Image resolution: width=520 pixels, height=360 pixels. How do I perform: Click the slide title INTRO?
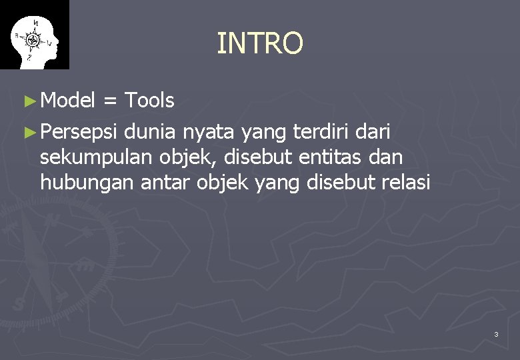[x=260, y=43]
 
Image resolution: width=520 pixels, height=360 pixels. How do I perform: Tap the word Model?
[x=68, y=101]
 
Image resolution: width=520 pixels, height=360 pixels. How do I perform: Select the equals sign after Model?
[x=111, y=101]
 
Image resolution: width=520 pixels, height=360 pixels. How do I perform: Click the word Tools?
[x=149, y=101]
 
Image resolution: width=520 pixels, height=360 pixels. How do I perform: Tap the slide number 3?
[x=496, y=334]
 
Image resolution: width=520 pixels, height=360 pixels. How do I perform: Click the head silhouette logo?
[x=35, y=36]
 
